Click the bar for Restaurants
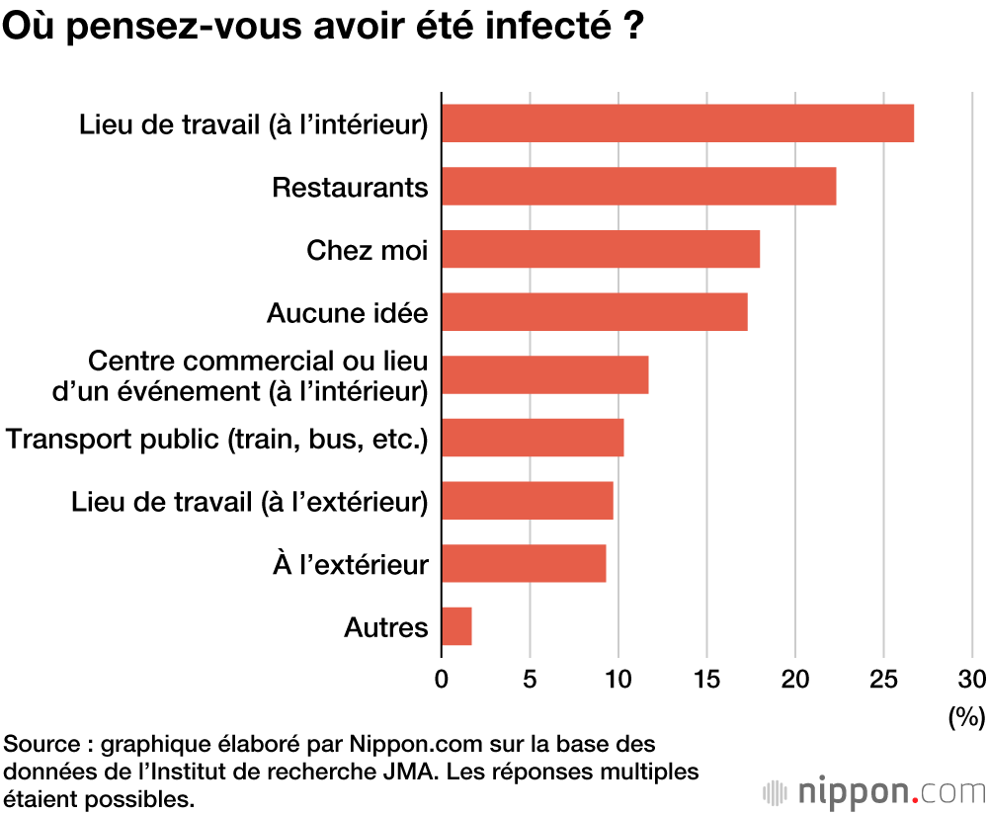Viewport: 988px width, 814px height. click(638, 186)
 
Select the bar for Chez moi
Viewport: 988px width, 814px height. click(601, 249)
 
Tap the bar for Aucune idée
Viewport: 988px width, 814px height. click(594, 312)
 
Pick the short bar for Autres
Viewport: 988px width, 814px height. click(456, 626)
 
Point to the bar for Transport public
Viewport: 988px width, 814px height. click(533, 438)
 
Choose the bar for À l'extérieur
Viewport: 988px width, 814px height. click(524, 563)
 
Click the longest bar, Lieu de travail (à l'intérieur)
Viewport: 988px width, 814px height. click(678, 123)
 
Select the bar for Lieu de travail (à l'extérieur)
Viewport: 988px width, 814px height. click(528, 500)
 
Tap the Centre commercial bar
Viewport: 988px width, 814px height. click(544, 374)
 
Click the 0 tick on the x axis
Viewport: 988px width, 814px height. click(442, 679)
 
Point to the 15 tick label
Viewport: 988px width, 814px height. click(706, 679)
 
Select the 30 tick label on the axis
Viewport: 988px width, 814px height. click(972, 679)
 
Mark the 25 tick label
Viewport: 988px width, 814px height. click(883, 679)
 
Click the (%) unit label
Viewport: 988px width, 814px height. click(966, 715)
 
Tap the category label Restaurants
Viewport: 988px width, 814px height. click(350, 187)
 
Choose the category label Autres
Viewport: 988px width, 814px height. click(385, 627)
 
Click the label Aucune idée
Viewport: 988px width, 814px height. click(347, 313)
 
